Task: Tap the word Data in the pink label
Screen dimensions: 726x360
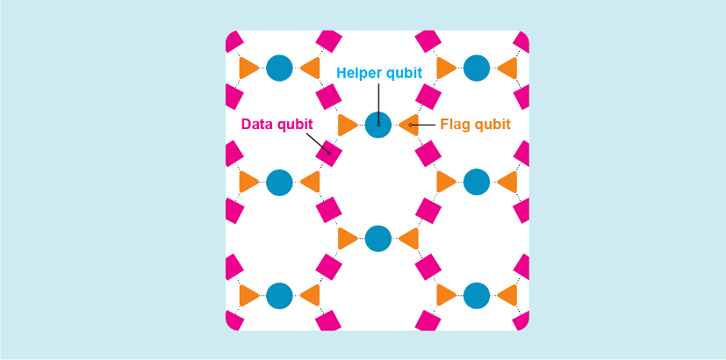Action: (x=257, y=124)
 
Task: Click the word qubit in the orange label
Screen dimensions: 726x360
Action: (x=491, y=125)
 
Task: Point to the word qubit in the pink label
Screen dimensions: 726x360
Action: (x=295, y=125)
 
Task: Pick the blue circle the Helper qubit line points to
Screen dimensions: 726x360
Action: (x=378, y=125)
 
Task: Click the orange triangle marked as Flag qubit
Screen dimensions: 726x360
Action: (x=409, y=125)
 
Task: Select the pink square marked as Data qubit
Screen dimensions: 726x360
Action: (x=328, y=154)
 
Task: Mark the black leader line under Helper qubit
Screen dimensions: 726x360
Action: (x=378, y=104)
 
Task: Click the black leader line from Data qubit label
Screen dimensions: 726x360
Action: (x=318, y=144)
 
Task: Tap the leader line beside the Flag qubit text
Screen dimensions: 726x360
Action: (x=422, y=125)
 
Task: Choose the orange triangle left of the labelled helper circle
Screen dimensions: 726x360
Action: (x=348, y=125)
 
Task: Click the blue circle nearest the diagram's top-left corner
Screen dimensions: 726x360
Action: (x=279, y=68)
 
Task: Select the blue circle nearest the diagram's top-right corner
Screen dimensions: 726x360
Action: (x=477, y=68)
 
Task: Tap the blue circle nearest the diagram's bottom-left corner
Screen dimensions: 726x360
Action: (x=279, y=296)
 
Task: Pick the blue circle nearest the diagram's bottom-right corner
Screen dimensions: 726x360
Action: (x=477, y=296)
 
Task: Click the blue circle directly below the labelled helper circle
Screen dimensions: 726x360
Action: (x=378, y=239)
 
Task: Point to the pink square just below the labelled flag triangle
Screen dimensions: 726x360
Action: (x=428, y=154)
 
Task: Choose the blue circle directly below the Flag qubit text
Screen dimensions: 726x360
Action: (x=477, y=182)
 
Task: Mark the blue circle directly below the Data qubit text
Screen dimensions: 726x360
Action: (x=279, y=182)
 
